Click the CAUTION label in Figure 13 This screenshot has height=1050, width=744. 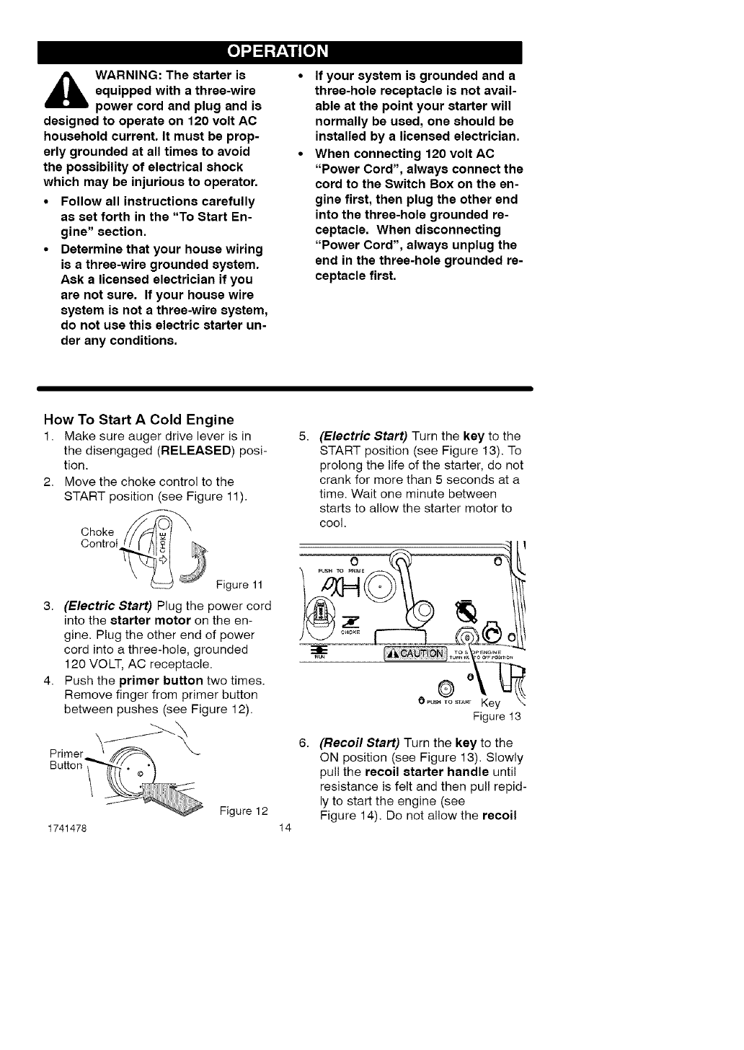(415, 653)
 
